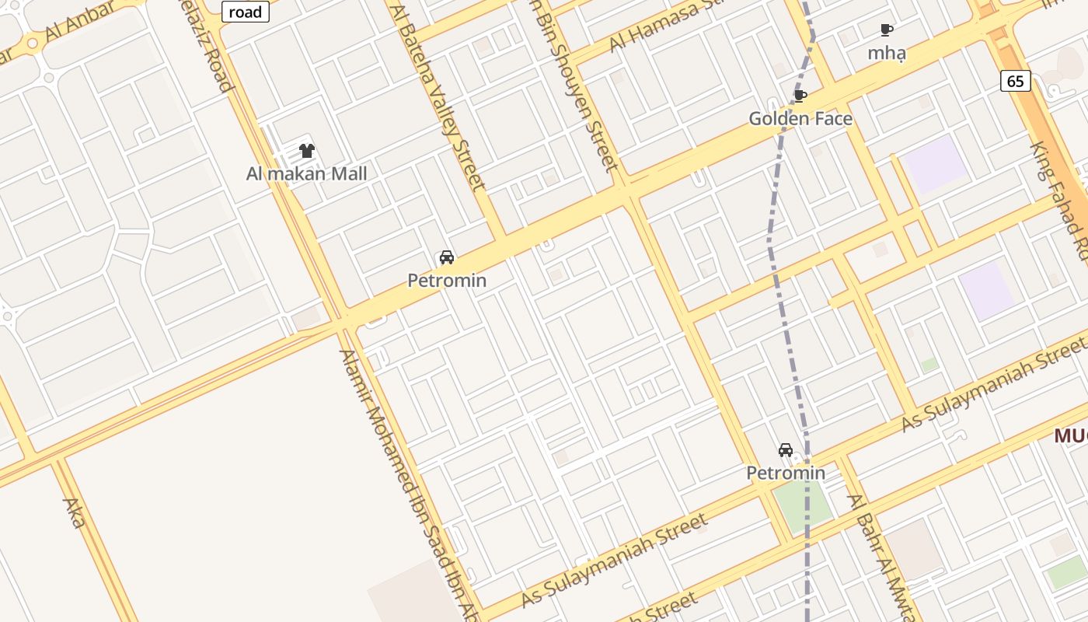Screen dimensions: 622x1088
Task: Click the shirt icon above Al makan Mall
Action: (307, 151)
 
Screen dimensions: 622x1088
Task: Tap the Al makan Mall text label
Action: (306, 173)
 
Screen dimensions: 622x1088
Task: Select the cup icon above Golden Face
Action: (800, 96)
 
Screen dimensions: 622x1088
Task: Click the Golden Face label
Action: (800, 119)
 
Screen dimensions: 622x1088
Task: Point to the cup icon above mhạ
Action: (886, 30)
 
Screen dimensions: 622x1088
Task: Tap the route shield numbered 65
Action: (1016, 81)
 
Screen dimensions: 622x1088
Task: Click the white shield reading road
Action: (246, 12)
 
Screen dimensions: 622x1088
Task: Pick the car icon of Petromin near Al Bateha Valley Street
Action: (447, 257)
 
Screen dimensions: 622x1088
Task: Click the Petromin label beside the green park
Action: (786, 473)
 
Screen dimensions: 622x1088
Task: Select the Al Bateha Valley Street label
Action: (440, 97)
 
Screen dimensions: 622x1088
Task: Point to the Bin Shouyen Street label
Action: (575, 86)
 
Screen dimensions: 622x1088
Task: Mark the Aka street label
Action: (74, 513)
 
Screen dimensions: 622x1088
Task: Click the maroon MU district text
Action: (1071, 436)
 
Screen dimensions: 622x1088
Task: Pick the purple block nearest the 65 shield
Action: (937, 163)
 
